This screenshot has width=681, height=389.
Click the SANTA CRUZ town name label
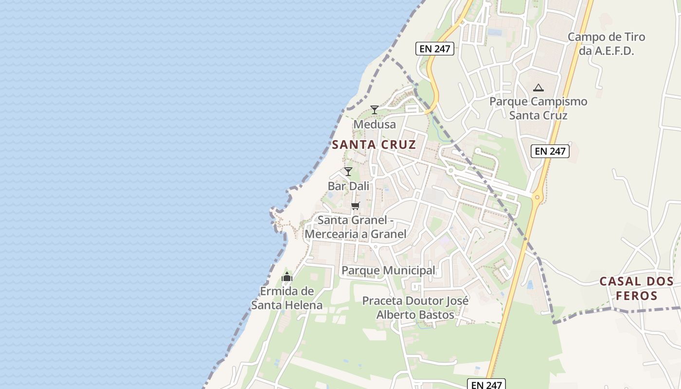tap(374, 144)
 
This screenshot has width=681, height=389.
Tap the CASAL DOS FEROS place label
tap(636, 288)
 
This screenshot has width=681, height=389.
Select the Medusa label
tap(375, 124)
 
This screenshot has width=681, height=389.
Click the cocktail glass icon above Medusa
tap(375, 110)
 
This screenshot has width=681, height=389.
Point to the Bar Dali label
tap(348, 186)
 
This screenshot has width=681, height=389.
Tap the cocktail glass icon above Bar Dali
tap(348, 172)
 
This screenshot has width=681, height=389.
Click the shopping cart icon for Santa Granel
tap(356, 206)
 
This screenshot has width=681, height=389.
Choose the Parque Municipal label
tap(388, 270)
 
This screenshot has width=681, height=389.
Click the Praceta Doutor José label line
tap(415, 301)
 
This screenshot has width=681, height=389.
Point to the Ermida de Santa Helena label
tap(287, 298)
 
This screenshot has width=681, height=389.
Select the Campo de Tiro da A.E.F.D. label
tap(606, 44)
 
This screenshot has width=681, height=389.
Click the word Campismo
tap(559, 102)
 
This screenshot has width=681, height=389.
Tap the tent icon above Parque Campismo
tap(538, 88)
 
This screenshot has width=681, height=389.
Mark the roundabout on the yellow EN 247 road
tap(537, 197)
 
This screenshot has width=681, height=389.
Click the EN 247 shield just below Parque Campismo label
tap(550, 151)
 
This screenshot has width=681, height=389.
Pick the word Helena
tap(306, 305)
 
